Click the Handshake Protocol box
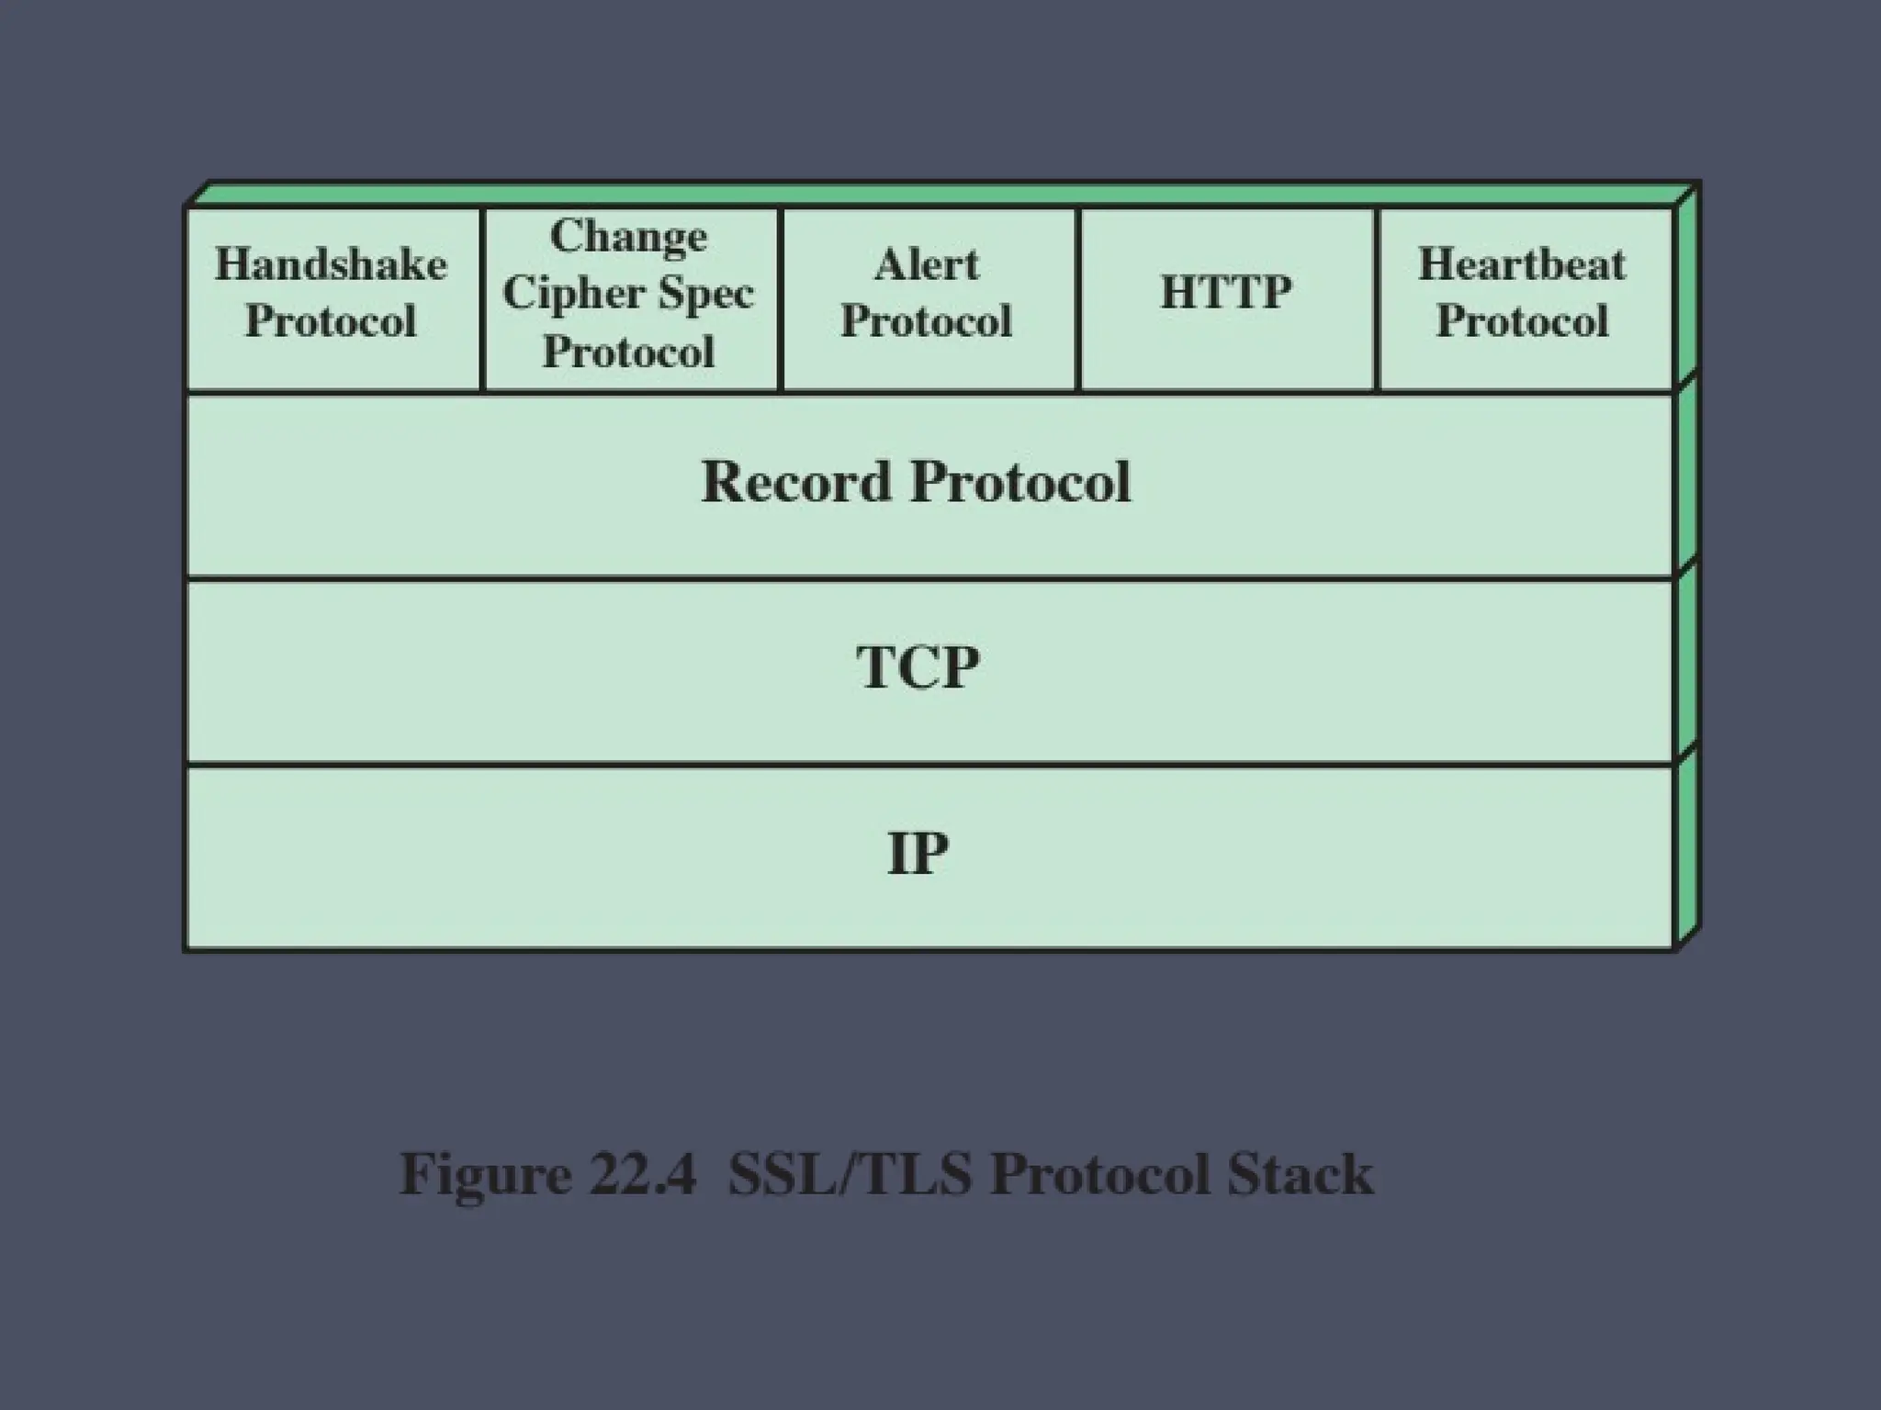click(x=332, y=299)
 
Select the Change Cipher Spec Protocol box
click(x=629, y=299)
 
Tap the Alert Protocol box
click(x=927, y=299)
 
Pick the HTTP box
click(x=1226, y=299)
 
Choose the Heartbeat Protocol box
click(x=1523, y=299)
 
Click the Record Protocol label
click(x=916, y=482)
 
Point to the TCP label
click(x=918, y=667)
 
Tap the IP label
click(x=918, y=853)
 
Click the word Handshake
click(x=332, y=265)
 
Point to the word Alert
click(x=927, y=265)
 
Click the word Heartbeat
click(x=1522, y=265)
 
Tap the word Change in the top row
click(x=629, y=237)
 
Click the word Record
click(x=795, y=482)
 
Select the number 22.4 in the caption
click(x=642, y=1174)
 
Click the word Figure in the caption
click(x=485, y=1174)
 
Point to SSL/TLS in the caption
click(x=850, y=1174)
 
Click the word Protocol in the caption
click(x=1099, y=1174)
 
